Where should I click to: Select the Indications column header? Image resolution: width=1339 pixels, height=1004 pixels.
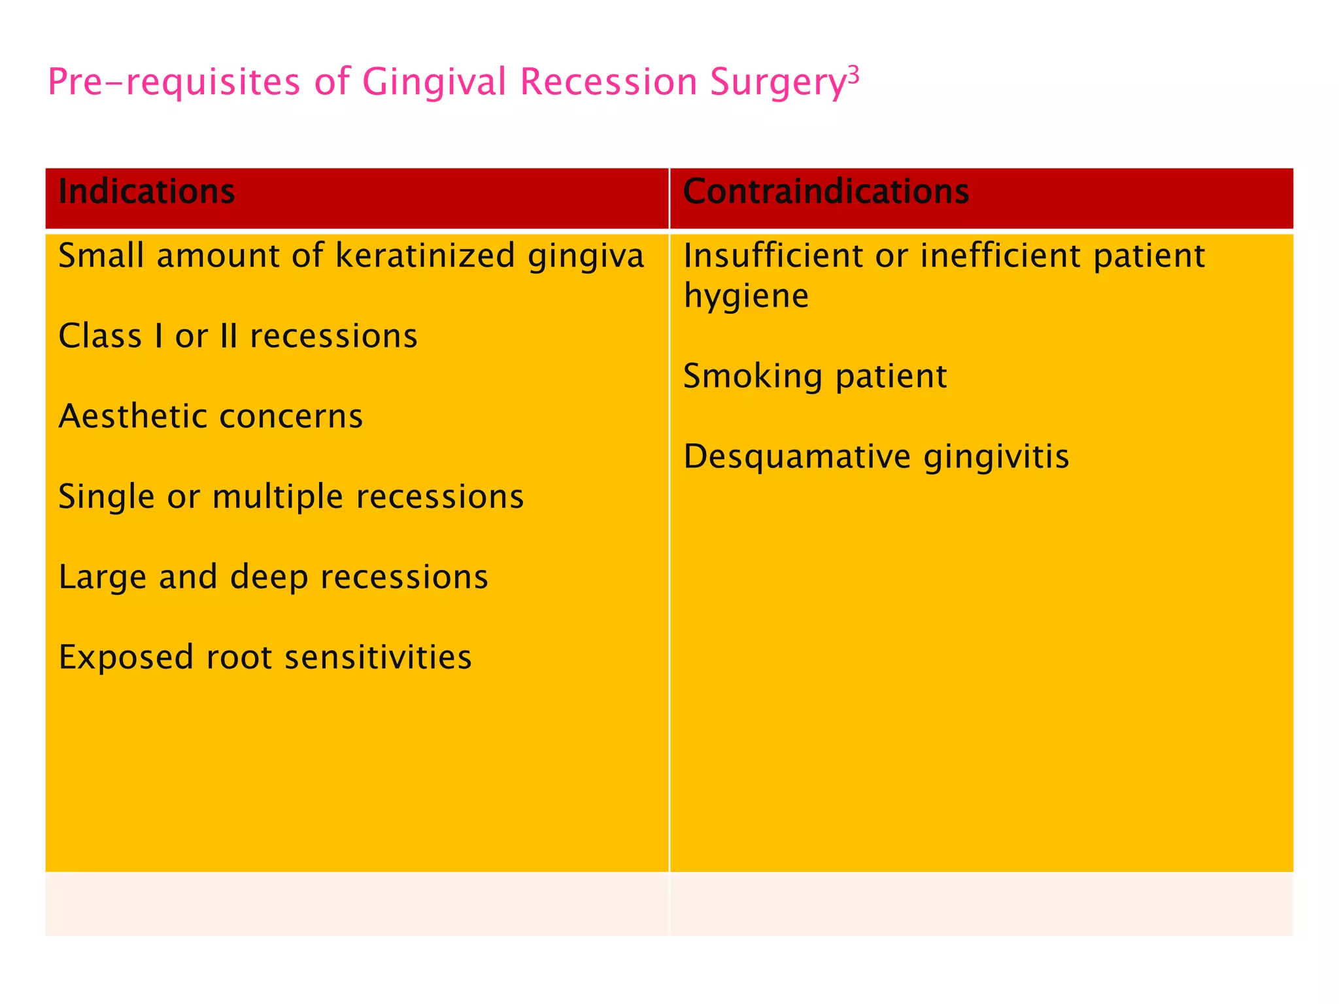click(x=146, y=192)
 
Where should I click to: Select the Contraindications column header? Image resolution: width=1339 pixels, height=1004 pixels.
click(x=826, y=192)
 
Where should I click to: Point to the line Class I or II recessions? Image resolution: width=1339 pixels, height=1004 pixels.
click(x=238, y=336)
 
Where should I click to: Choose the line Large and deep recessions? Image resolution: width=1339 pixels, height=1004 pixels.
click(x=273, y=577)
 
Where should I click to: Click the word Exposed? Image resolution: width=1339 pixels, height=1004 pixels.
click(x=126, y=658)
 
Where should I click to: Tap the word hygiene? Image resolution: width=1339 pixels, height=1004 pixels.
click(x=746, y=297)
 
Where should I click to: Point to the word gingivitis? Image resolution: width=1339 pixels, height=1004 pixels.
click(x=996, y=457)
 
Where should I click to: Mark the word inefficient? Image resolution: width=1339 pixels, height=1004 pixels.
click(x=1000, y=255)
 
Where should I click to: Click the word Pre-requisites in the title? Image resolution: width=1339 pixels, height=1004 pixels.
click(x=174, y=83)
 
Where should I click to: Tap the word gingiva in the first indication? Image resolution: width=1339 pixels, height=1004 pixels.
click(x=586, y=256)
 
